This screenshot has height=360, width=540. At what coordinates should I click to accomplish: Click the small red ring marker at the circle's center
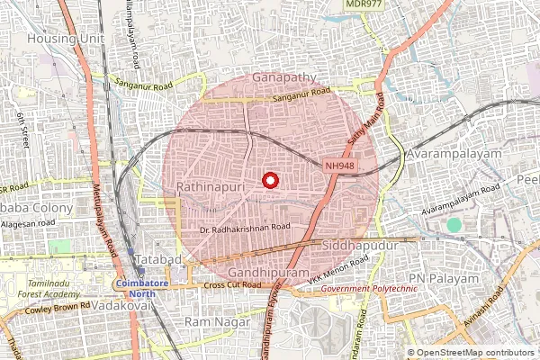coord(269,181)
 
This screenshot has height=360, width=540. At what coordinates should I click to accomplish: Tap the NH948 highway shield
coord(340,166)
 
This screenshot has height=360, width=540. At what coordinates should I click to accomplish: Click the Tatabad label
coord(158,260)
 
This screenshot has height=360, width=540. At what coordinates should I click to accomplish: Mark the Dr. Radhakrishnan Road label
coord(246,229)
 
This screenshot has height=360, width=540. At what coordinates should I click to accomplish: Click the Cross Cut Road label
coord(232,285)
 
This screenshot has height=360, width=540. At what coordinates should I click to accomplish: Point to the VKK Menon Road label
coord(338,271)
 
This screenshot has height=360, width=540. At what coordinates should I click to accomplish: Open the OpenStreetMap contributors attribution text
coord(475,353)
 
